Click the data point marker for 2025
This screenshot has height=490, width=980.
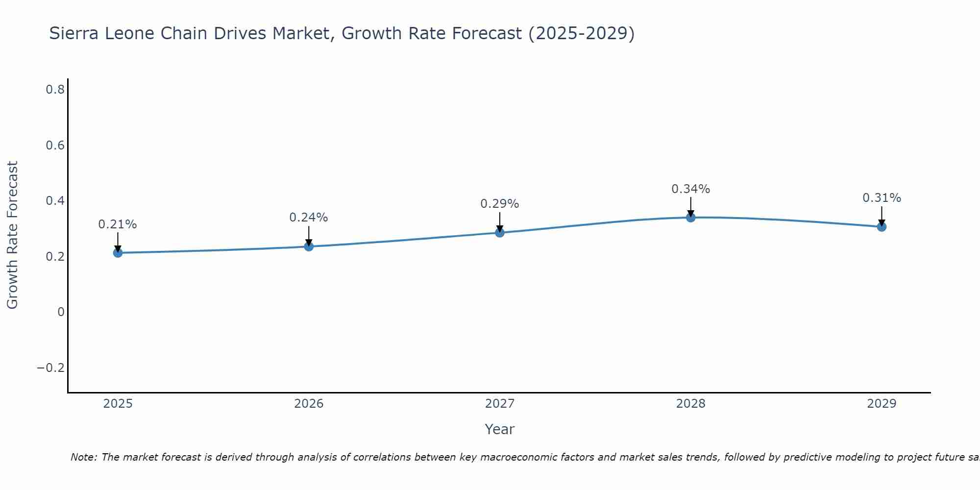[118, 253]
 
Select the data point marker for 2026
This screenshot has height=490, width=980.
[309, 246]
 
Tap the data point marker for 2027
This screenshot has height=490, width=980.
[500, 233]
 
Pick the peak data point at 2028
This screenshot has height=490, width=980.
[691, 218]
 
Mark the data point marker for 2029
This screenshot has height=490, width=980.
[882, 227]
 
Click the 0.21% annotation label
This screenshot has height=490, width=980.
[118, 224]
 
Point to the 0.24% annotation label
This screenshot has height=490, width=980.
[309, 218]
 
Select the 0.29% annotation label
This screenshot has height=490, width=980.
[500, 204]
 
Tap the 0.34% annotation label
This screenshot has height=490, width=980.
[691, 189]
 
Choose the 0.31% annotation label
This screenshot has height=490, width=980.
[882, 198]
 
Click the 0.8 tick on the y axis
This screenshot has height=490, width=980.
[55, 90]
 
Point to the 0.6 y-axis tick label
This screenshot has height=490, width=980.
[55, 146]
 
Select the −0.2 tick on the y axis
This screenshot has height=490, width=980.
[51, 368]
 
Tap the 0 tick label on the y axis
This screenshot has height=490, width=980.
[61, 312]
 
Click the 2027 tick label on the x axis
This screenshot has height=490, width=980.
[500, 404]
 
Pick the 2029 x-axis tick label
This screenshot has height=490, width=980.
[882, 404]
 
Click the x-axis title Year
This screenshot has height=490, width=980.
[500, 429]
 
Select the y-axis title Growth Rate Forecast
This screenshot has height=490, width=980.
[12, 235]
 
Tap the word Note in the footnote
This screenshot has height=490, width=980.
[83, 457]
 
